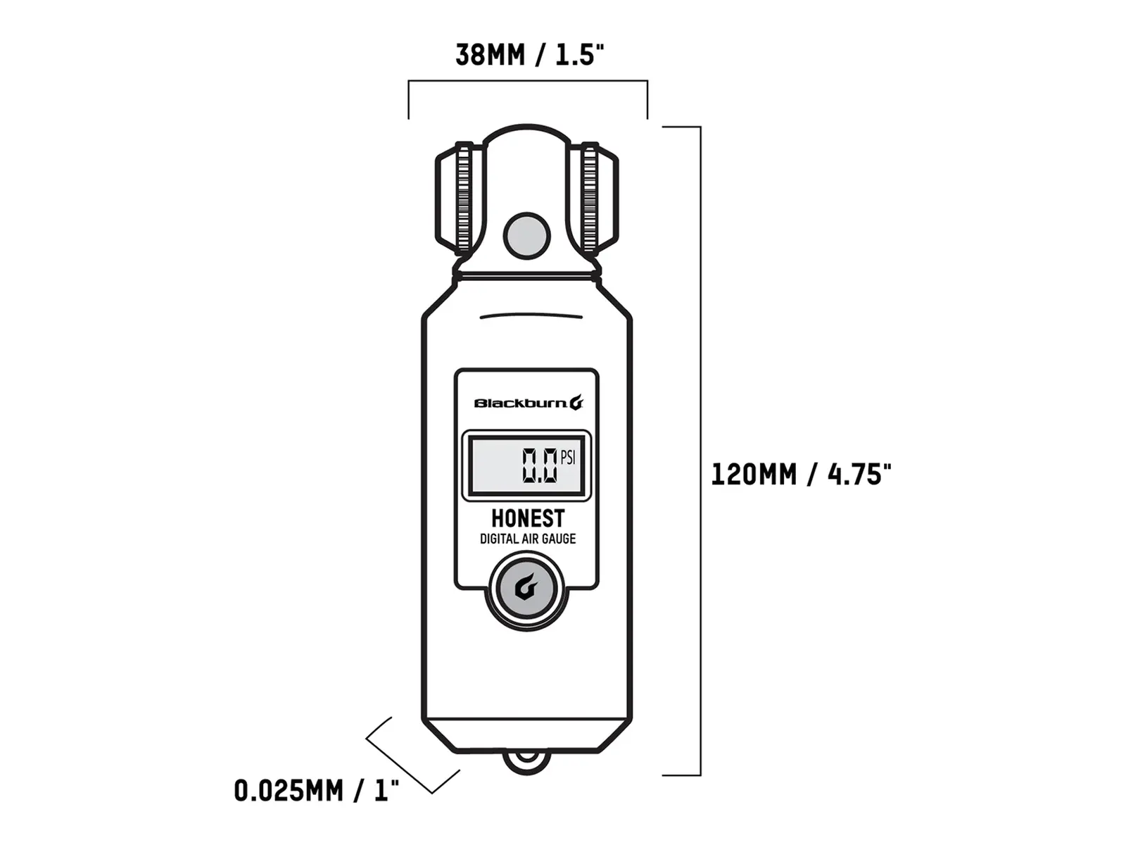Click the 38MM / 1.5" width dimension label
(x=529, y=55)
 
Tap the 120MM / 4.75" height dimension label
(x=802, y=474)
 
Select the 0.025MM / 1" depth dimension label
(x=317, y=791)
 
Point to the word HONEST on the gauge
(x=528, y=518)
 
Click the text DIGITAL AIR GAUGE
(x=528, y=539)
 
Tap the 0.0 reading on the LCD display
(x=540, y=465)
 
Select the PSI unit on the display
(x=568, y=458)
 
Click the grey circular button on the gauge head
(x=527, y=236)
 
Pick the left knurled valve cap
(x=460, y=198)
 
